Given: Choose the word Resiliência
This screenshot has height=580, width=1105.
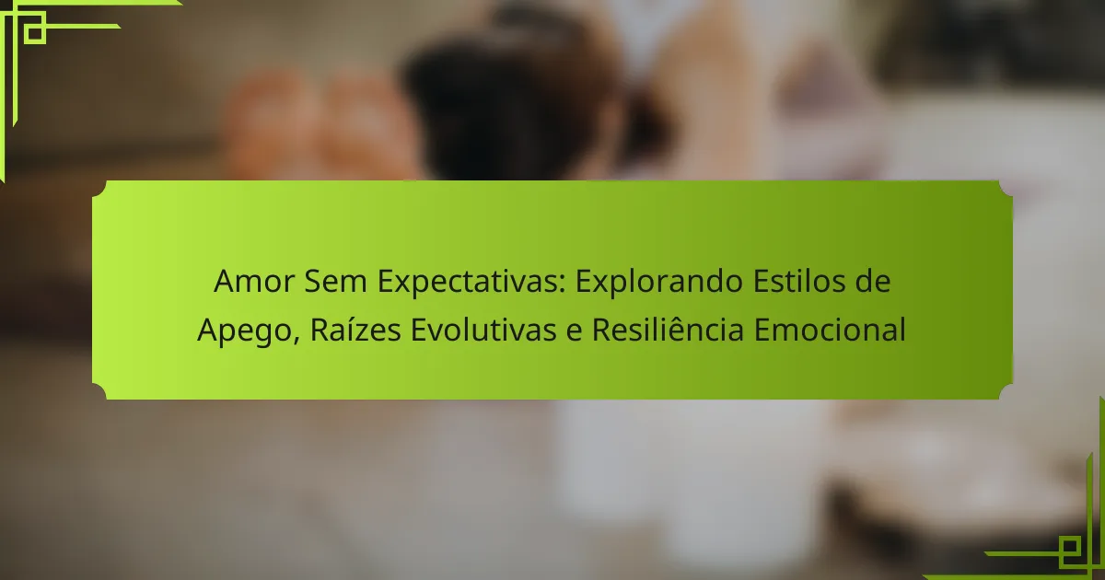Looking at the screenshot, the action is tap(668, 330).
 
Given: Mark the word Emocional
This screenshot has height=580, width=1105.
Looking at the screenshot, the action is tap(831, 330).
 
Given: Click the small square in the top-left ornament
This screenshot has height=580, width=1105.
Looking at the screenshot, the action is tap(35, 33).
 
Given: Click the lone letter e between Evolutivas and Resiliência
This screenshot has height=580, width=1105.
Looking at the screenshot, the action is tap(575, 333).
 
